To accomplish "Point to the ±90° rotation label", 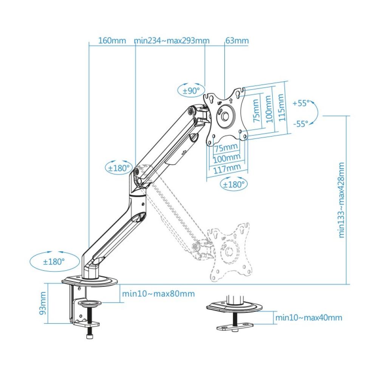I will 191,91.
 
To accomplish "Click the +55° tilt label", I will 301,103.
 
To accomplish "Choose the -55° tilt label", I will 301,123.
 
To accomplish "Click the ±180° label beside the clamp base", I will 54,261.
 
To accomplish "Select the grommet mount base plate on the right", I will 234,307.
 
